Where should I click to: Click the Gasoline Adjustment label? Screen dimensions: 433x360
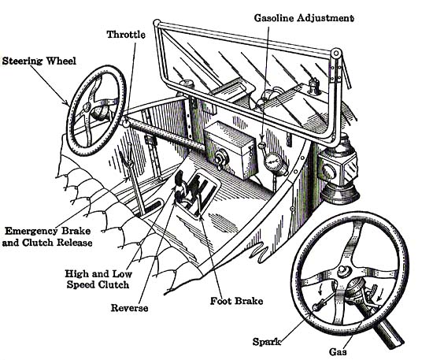click(304, 18)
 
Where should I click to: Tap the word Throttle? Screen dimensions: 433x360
click(126, 35)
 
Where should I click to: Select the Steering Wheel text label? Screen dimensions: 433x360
click(39, 61)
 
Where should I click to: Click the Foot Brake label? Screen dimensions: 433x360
click(236, 301)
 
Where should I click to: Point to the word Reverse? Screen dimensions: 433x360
click(129, 308)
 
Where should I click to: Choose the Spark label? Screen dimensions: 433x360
click(266, 342)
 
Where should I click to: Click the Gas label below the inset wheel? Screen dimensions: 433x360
click(338, 351)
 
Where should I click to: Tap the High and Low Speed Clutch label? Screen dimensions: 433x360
click(98, 280)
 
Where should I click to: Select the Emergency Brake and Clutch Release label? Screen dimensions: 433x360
click(47, 237)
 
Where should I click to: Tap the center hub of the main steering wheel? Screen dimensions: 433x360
click(86, 107)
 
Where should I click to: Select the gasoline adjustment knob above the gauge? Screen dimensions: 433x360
click(261, 145)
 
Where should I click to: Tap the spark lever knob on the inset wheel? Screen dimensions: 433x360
click(316, 306)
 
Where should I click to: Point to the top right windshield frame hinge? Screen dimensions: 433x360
click(336, 53)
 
